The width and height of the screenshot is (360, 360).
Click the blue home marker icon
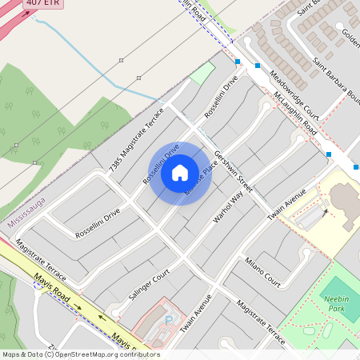[180, 173]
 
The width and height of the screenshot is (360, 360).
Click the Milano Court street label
[263, 271]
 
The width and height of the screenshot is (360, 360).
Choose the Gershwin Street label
[233, 171]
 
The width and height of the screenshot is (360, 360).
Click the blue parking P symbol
[168, 319]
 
